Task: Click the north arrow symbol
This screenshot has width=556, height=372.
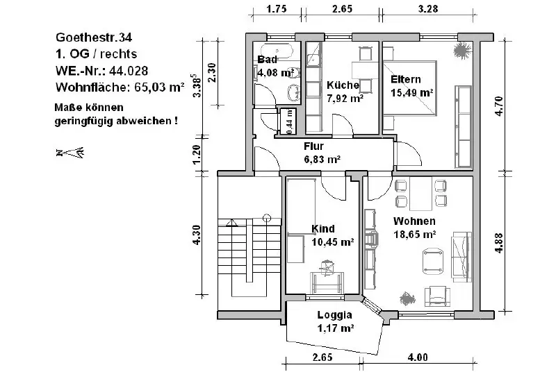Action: (69, 152)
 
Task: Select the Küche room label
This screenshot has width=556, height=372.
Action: (343, 85)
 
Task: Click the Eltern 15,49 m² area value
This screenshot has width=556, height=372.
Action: (412, 92)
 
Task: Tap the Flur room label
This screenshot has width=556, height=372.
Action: (314, 146)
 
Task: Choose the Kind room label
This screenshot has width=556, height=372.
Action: (324, 229)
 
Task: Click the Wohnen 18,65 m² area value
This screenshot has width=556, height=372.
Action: (414, 235)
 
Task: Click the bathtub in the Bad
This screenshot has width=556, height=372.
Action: (277, 50)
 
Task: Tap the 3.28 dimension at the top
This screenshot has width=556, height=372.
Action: (428, 10)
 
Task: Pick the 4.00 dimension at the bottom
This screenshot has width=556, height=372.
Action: (417, 357)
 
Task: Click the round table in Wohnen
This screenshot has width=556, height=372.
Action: (433, 260)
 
